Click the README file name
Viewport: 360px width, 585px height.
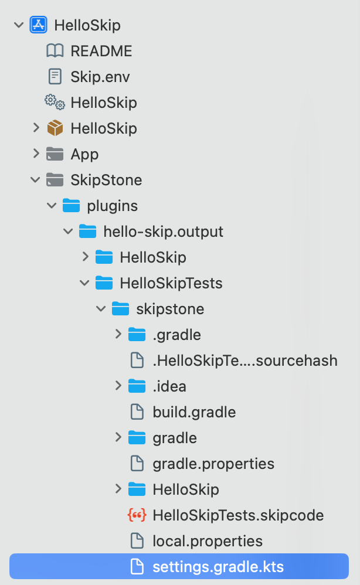tap(101, 51)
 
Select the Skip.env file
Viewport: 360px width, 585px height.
tap(100, 77)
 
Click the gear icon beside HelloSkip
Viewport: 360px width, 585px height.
tap(55, 103)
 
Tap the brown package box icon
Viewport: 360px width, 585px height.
tap(55, 128)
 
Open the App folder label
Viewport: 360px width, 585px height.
tap(84, 154)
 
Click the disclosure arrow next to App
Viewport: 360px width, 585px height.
tap(36, 154)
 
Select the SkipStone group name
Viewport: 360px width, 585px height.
tap(106, 180)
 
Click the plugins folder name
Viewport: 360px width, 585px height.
tap(112, 206)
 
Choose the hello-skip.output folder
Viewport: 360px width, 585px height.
tap(163, 232)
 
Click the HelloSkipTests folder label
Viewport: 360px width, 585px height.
tap(171, 283)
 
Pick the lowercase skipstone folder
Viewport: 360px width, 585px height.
tap(170, 309)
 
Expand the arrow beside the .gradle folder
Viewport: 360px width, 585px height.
tap(118, 335)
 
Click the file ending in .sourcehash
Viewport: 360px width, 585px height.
tap(244, 360)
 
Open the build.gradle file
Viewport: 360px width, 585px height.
tap(193, 412)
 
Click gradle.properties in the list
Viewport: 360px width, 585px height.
tap(213, 464)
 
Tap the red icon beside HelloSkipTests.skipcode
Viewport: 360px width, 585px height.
tap(137, 515)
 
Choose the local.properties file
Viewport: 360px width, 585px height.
tap(207, 541)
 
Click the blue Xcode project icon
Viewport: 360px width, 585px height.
tap(38, 25)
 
